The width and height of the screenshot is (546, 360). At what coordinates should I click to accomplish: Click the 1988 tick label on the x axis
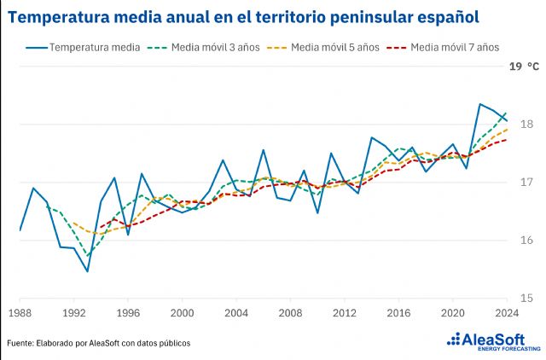[x=20, y=313]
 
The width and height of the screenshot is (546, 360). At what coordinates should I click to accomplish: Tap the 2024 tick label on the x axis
[x=506, y=313]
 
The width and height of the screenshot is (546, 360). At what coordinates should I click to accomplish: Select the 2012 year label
[x=344, y=313]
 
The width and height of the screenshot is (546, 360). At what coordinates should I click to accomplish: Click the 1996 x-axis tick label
[x=128, y=313]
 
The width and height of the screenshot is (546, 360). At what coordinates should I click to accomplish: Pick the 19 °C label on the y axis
[x=524, y=66]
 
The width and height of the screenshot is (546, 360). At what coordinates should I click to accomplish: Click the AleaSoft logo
[x=494, y=342]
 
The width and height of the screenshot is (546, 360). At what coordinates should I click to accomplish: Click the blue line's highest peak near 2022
[x=479, y=104]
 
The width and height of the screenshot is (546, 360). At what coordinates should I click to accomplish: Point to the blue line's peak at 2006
[x=263, y=150]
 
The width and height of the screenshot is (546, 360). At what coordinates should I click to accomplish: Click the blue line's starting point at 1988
[x=20, y=230]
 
